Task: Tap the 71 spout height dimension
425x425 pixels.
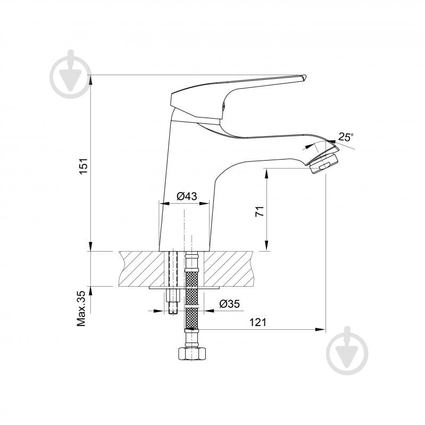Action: click(260, 211)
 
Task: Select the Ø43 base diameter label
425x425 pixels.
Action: click(187, 196)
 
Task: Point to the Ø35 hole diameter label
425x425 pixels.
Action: click(230, 304)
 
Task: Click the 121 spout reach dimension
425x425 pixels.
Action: click(257, 322)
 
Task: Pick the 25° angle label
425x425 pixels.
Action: click(345, 137)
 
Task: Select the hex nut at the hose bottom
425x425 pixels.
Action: click(190, 354)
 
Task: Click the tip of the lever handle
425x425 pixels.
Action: click(303, 78)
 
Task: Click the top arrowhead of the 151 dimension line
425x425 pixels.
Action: click(91, 79)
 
